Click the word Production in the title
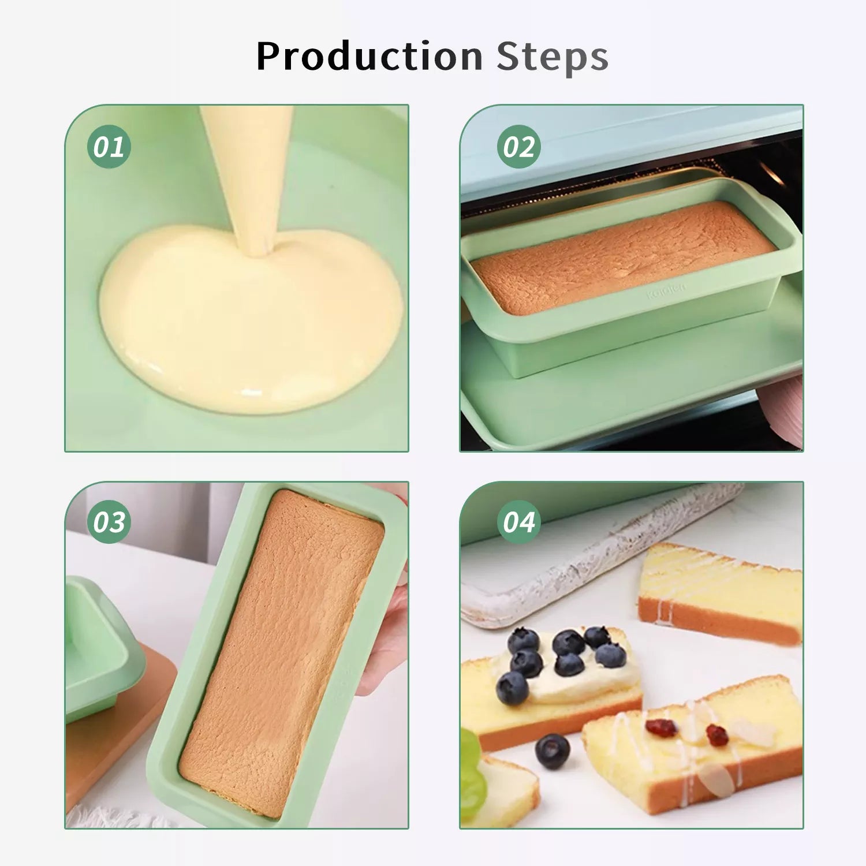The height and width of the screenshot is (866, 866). pyautogui.click(x=369, y=57)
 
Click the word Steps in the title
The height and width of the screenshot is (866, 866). pyautogui.click(x=553, y=57)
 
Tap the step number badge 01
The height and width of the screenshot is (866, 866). pyautogui.click(x=109, y=147)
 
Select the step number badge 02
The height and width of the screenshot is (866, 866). pyautogui.click(x=519, y=147)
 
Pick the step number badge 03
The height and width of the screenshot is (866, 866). pyautogui.click(x=109, y=522)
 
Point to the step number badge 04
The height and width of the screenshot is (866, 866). pyautogui.click(x=519, y=522)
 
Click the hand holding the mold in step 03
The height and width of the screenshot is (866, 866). pyautogui.click(x=384, y=635)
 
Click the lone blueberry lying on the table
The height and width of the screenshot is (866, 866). pyautogui.click(x=553, y=751)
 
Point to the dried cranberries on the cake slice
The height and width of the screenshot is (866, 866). pyautogui.click(x=687, y=731)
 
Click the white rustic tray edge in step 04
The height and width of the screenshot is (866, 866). pyautogui.click(x=600, y=557)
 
